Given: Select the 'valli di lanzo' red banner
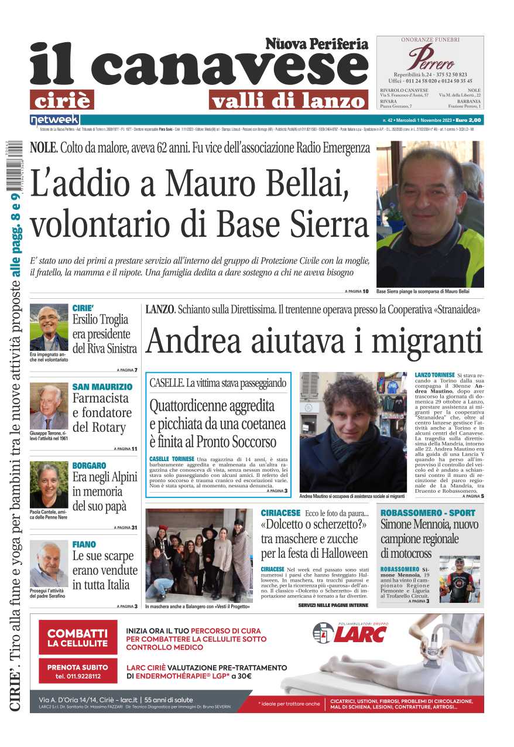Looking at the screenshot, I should click(288, 101).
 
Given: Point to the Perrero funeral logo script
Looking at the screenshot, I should click(431, 57).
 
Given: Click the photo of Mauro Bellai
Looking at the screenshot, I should click(430, 213).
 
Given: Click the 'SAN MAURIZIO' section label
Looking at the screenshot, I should click(102, 387).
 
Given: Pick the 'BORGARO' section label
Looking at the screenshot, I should click(89, 466).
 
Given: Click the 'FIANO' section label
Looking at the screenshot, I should click(84, 544).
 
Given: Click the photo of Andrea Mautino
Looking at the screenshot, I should click(353, 432).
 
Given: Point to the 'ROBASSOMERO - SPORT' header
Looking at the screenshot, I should click(428, 513).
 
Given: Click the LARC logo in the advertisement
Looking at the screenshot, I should click(350, 633).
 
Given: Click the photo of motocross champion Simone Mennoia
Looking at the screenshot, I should click(460, 579).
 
